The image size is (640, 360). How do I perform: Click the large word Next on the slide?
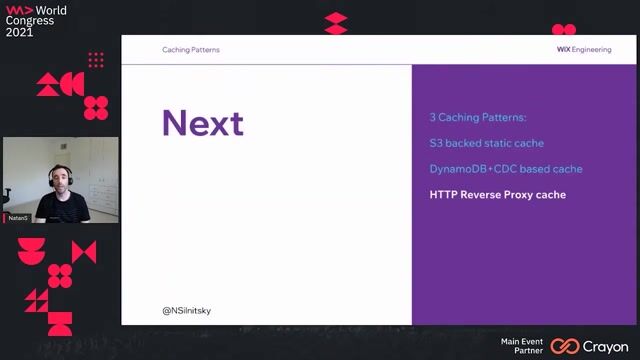tap(202, 123)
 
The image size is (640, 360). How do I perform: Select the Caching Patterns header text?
tap(190, 49)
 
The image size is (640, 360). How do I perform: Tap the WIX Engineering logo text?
tap(584, 49)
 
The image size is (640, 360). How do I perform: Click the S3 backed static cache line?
tap(486, 143)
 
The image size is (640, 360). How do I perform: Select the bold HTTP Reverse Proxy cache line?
tap(497, 195)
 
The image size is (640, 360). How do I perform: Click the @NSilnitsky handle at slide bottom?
tap(186, 310)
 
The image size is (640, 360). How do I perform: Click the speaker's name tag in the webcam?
tap(18, 217)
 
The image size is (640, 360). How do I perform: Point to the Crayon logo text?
tap(607, 346)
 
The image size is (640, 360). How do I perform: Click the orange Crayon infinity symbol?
tap(565, 346)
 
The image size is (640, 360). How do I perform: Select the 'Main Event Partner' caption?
tap(521, 345)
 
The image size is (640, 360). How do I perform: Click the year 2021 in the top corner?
tap(19, 32)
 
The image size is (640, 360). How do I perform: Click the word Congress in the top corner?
tap(30, 20)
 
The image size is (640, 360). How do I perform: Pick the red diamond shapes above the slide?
tap(336, 23)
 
